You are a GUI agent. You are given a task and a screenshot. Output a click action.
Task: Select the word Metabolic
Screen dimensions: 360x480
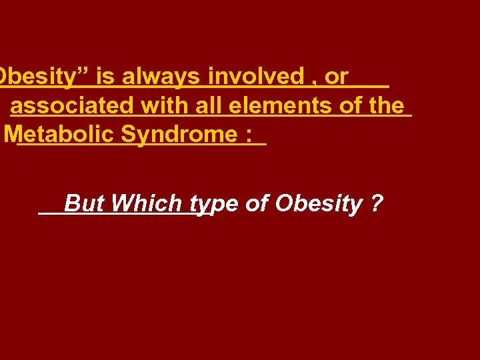(x=60, y=135)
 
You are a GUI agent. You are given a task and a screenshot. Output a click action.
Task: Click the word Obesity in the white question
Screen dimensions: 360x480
(x=318, y=203)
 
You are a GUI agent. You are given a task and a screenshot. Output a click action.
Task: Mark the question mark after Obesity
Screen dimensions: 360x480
(x=378, y=203)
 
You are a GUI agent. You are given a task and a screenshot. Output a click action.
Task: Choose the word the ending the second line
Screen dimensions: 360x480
(x=385, y=106)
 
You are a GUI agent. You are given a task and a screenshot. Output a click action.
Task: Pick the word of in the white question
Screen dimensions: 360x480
(x=257, y=203)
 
